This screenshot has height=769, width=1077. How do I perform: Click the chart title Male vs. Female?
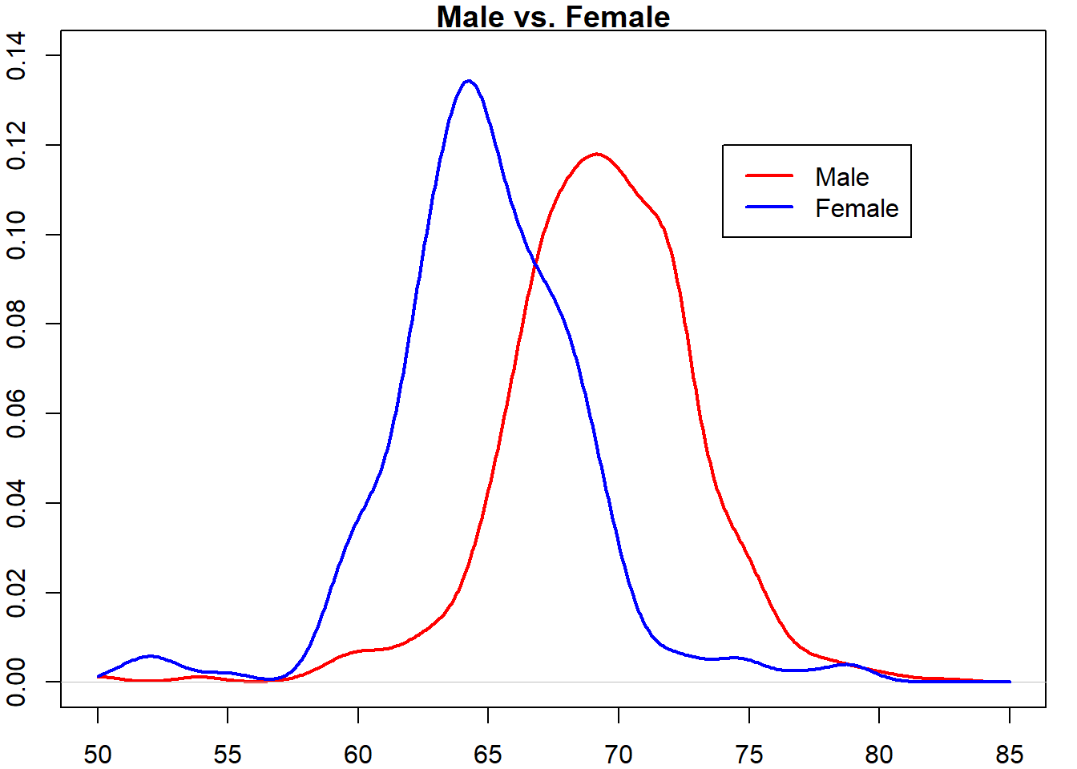553,17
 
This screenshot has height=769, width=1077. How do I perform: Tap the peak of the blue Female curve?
469,81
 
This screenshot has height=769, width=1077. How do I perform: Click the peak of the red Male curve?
596,154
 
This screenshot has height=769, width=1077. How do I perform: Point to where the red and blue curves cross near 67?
534,264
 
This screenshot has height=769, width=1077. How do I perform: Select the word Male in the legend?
841,177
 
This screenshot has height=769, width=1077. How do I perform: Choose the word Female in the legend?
857,208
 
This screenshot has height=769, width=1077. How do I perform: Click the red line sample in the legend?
769,175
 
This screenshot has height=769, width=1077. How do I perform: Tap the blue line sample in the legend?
769,207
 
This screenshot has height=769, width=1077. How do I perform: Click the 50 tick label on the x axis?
98,754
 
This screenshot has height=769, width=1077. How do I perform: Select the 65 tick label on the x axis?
488,754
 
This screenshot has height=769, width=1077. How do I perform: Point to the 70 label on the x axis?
619,754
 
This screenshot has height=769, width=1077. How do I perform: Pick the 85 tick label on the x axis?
1009,754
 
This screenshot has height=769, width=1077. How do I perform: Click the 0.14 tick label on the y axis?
16,55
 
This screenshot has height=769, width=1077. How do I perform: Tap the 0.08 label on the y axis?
16,324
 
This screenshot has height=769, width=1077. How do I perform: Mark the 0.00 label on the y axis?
16,682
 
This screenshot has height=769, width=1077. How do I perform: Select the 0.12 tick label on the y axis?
16,145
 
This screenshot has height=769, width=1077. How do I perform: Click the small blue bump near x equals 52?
150,656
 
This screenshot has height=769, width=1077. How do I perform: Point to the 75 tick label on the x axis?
748,754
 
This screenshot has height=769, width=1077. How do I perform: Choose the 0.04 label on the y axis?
16,503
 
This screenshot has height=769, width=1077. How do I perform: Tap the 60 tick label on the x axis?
358,754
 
